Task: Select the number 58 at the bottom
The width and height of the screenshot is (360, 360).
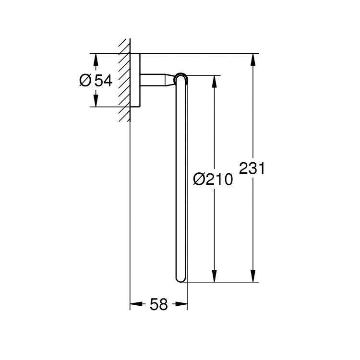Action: click(x=159, y=304)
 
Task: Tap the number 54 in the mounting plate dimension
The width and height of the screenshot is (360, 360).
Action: click(x=103, y=80)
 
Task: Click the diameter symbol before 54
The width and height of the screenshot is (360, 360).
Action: click(x=85, y=80)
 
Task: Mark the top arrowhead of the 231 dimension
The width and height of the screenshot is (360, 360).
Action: click(x=252, y=58)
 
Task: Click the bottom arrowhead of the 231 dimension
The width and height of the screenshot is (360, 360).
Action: click(x=252, y=276)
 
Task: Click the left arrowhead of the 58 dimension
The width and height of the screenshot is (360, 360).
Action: click(x=135, y=303)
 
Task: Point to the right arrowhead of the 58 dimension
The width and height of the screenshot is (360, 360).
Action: click(x=182, y=303)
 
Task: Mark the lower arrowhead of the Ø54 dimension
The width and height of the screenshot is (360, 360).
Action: click(x=96, y=101)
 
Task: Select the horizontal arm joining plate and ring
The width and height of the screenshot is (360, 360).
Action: click(x=153, y=80)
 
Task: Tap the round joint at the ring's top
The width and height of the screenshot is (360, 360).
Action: click(x=181, y=78)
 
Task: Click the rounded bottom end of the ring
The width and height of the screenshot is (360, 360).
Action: click(x=181, y=278)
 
